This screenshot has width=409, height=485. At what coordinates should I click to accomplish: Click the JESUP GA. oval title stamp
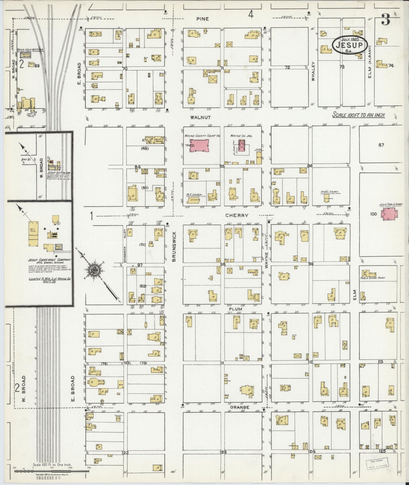click(x=350, y=45)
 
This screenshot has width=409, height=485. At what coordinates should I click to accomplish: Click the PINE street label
click(x=203, y=19)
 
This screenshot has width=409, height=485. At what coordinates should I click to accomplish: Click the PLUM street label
click(x=235, y=309)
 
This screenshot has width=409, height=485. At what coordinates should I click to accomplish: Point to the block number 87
click(x=381, y=145)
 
